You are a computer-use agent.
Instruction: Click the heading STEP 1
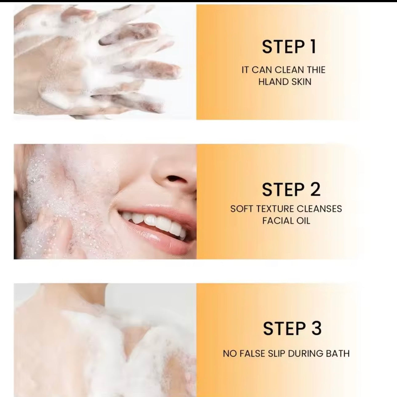pos(289,47)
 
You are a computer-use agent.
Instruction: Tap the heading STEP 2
pos(291,190)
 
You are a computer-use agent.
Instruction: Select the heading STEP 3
pos(292,328)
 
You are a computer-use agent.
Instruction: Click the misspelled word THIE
pos(316,70)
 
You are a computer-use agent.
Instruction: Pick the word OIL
pos(303,221)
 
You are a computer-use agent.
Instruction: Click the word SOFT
pos(242,209)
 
